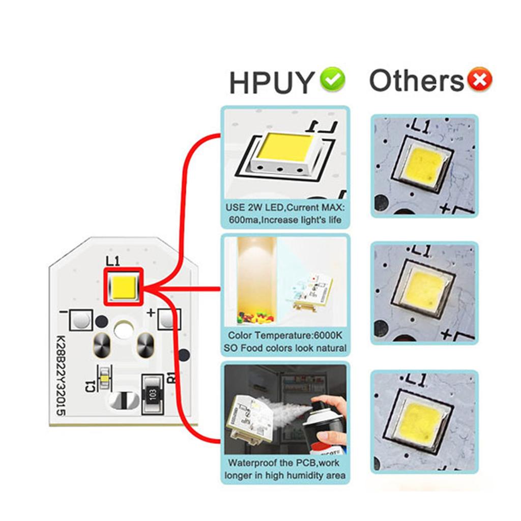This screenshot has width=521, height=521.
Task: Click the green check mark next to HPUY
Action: (332, 79)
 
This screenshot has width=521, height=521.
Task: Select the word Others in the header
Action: (416, 81)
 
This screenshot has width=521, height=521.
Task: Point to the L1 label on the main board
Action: (112, 261)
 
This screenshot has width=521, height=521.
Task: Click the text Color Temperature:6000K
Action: (285, 336)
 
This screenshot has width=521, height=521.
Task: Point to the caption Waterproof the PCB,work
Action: (283, 463)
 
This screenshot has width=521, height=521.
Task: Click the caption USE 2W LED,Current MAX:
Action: (285, 209)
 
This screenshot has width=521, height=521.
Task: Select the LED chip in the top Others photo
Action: (423, 165)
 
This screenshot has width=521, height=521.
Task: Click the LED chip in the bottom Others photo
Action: (422, 421)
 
